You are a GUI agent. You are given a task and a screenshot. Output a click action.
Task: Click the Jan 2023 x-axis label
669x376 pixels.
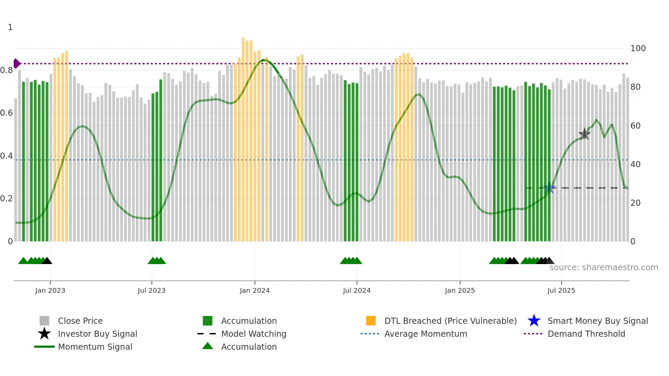point(50,290)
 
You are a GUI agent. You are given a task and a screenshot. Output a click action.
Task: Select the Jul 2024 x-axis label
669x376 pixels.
point(357,290)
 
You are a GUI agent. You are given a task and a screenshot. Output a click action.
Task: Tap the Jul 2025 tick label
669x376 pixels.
point(561,290)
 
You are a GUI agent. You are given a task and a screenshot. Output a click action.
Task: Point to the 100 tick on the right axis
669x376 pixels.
point(638,48)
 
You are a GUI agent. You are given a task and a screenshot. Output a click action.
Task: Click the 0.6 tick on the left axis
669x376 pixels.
point(6,113)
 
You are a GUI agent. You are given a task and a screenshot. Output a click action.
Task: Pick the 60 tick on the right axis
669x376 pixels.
point(635,126)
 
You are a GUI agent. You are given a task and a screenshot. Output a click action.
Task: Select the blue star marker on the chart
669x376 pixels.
point(550,188)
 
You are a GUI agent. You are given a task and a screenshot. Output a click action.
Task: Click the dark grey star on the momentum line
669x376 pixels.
point(584,134)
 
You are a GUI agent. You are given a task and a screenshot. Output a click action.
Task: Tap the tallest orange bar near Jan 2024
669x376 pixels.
point(243,39)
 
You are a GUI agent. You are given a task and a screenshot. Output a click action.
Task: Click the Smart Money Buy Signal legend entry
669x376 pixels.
point(597,321)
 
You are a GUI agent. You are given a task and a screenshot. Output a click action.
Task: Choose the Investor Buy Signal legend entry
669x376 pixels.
point(97,334)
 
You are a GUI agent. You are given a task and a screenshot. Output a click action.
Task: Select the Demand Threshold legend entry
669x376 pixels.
point(586,334)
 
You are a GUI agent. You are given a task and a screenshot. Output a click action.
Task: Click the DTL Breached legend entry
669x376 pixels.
point(450,321)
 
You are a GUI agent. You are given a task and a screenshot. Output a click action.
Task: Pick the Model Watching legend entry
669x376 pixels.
point(253,334)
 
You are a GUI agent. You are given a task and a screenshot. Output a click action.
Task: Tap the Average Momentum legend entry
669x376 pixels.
point(425,334)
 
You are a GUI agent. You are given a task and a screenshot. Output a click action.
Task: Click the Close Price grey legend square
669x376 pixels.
point(44,321)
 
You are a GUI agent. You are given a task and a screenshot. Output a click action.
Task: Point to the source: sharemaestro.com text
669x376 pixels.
point(603,267)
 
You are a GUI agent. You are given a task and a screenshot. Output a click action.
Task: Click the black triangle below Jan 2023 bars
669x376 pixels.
point(47,261)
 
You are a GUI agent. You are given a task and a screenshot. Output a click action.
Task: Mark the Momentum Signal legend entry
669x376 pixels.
point(95,347)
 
